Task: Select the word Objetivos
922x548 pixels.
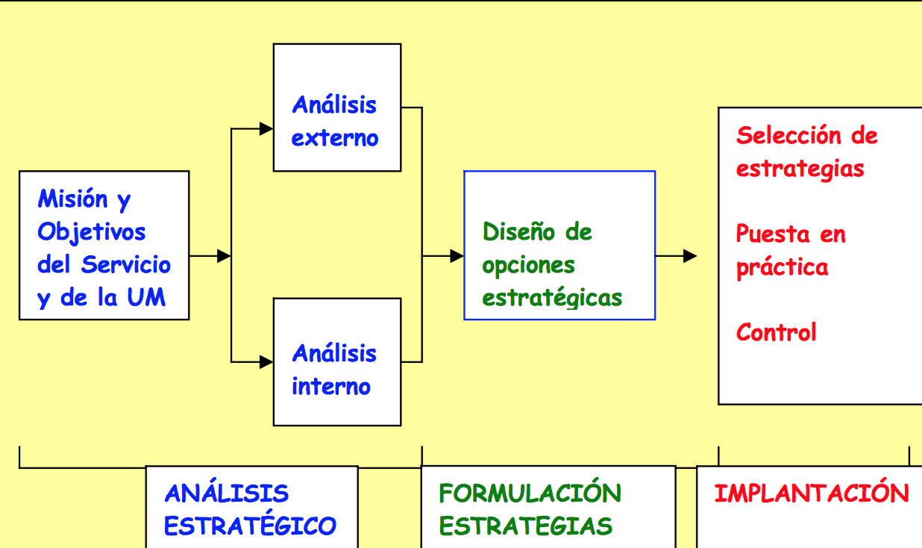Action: [91, 232]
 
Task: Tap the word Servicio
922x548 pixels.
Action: [125, 264]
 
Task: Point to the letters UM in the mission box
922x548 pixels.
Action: [146, 296]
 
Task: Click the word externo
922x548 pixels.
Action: [335, 138]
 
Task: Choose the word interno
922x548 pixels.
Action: [331, 387]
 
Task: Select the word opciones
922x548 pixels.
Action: [528, 266]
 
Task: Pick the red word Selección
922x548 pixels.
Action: [789, 135]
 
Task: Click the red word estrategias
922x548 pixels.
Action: [800, 169]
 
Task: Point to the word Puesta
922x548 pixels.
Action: [773, 234]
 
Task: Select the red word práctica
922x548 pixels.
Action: [782, 268]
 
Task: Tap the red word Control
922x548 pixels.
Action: [776, 332]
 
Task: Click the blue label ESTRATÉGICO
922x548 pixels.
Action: [250, 526]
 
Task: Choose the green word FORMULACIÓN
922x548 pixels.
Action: [530, 492]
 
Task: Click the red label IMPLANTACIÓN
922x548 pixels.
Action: [812, 493]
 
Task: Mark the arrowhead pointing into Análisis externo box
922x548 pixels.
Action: [266, 129]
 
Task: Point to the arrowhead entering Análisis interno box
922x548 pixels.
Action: [266, 362]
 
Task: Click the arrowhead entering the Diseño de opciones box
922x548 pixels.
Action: [457, 256]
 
